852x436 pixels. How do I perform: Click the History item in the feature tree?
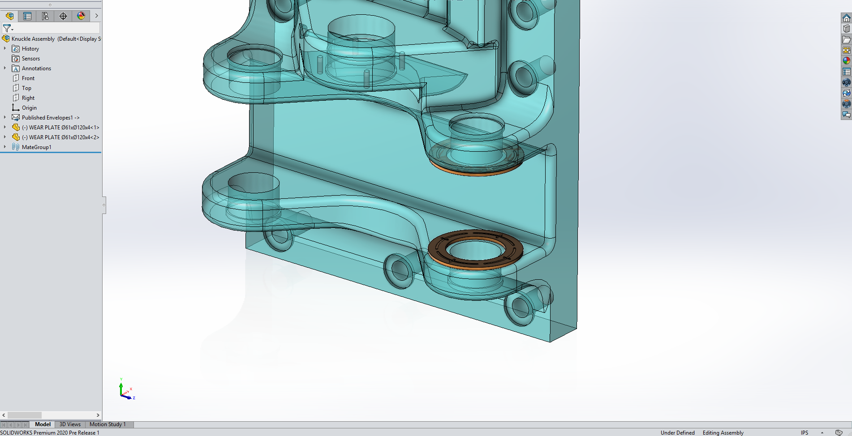coord(30,49)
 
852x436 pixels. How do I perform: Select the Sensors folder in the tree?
coord(30,59)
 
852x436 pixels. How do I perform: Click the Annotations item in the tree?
coord(36,68)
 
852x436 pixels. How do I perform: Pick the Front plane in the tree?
coord(28,78)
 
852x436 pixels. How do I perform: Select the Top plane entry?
coord(26,88)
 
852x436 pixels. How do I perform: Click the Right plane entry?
coord(28,98)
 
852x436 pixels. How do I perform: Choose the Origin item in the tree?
coord(29,108)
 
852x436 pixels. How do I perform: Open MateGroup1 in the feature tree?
coord(36,147)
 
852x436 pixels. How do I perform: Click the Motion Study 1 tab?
coord(108,424)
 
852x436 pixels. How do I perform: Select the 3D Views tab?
coord(70,424)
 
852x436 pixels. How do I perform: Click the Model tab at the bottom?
coord(43,424)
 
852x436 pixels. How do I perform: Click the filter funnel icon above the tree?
coord(7,28)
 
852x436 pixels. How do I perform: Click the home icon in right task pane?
coord(846,18)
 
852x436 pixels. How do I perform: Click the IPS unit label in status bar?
coord(805,432)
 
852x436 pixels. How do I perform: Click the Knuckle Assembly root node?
coord(33,39)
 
